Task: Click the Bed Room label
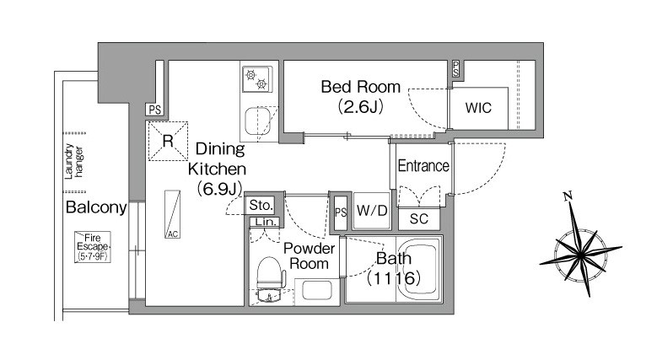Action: click(361, 86)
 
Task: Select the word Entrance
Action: click(423, 166)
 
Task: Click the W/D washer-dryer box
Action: click(371, 211)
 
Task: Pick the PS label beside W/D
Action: click(340, 212)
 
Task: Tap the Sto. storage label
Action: click(260, 205)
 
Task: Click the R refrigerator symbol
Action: click(167, 141)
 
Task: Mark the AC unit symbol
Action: click(172, 215)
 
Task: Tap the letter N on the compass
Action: click(568, 196)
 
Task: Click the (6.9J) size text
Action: click(219, 189)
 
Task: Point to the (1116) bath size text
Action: click(393, 276)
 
